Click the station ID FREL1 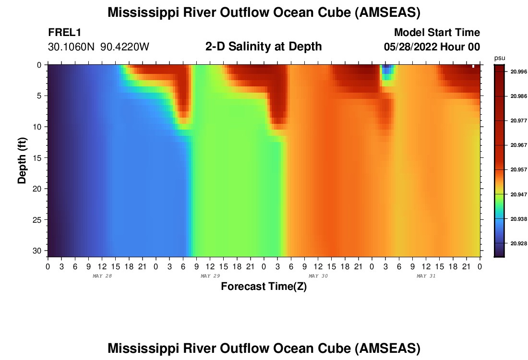tap(64, 33)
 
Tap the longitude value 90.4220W tap(125, 47)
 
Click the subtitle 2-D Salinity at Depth tap(263, 47)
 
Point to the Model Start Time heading tap(437, 33)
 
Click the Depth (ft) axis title tap(22, 158)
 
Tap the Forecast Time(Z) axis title tap(264, 287)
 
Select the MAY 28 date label tap(102, 276)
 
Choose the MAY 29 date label tap(210, 276)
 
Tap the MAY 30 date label tap(318, 276)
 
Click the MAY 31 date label tap(426, 276)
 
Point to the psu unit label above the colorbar tap(500, 58)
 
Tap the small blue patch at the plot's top tap(387, 71)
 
